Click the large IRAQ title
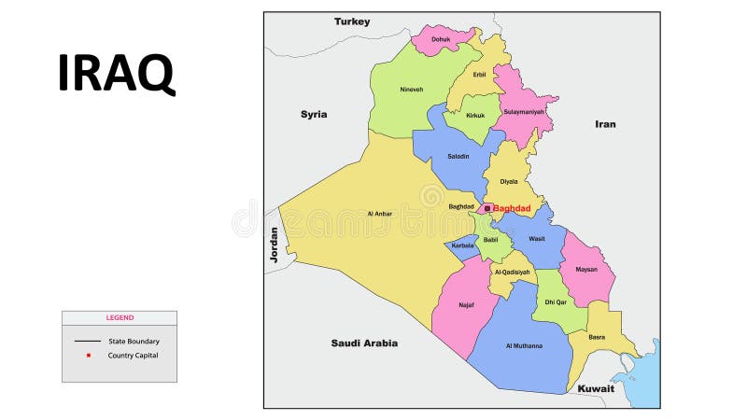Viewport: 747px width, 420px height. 116,73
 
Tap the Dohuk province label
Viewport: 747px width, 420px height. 440,39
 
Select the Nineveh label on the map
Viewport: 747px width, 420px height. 411,90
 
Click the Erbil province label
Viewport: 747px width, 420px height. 479,75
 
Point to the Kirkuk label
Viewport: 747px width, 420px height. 475,115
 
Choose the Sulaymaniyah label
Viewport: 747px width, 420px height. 524,112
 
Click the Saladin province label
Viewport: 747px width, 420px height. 458,156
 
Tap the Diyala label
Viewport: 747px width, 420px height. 508,182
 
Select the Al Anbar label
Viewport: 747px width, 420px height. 380,214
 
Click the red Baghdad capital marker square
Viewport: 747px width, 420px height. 487,207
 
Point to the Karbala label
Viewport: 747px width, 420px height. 462,245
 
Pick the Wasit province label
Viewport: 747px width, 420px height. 536,239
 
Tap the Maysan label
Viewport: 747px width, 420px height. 586,270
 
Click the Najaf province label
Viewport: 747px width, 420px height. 466,304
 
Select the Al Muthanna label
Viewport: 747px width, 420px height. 524,346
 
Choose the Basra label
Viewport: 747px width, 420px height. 597,337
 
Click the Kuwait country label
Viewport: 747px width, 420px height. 596,388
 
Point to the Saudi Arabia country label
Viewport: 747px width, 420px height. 364,343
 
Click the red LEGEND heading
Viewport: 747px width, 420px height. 120,318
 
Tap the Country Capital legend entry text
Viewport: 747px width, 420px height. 133,356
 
